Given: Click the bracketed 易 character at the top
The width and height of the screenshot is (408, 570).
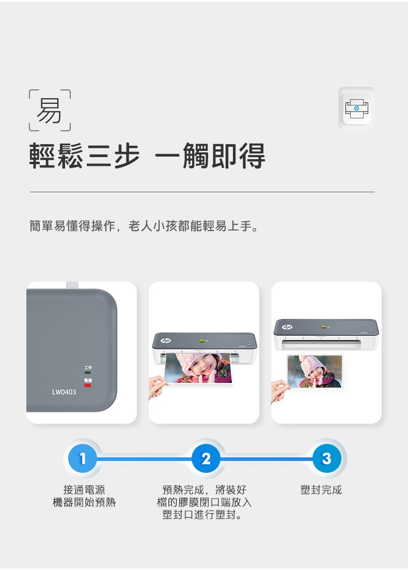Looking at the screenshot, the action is [50, 111].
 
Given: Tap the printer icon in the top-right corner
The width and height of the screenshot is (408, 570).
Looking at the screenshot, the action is [356, 109].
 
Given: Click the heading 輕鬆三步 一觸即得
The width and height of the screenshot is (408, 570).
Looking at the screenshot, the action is [147, 156].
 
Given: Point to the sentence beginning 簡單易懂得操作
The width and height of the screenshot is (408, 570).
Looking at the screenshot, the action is [144, 226].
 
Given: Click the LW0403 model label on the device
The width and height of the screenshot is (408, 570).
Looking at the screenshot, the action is [64, 392].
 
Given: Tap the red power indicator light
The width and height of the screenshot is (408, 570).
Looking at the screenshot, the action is [88, 385].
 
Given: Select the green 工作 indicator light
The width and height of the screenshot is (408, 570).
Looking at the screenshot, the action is [88, 373].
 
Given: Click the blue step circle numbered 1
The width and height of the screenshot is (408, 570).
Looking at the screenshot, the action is [83, 458].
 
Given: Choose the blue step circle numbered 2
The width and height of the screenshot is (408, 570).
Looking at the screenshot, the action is [206, 458].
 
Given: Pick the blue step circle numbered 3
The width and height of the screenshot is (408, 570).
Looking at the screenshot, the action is [326, 458].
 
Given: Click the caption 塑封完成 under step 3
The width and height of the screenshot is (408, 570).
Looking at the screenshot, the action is [321, 490].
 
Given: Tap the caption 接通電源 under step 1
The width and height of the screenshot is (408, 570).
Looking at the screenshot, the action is [84, 490].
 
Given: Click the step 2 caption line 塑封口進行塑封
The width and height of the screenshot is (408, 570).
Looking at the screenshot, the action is [202, 514].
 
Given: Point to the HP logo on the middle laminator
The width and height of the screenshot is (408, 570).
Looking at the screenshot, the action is [166, 341].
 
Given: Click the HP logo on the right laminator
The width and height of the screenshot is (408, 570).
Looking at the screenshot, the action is [287, 327].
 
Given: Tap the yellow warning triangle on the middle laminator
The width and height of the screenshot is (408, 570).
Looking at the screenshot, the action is [201, 341].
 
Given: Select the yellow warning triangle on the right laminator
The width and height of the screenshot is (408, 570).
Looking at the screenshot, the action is [323, 327].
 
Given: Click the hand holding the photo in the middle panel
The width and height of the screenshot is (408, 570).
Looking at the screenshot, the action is [158, 387].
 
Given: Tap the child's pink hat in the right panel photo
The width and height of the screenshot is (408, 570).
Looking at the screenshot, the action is [313, 365].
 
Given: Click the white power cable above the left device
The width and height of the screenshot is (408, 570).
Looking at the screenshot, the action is [72, 285].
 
